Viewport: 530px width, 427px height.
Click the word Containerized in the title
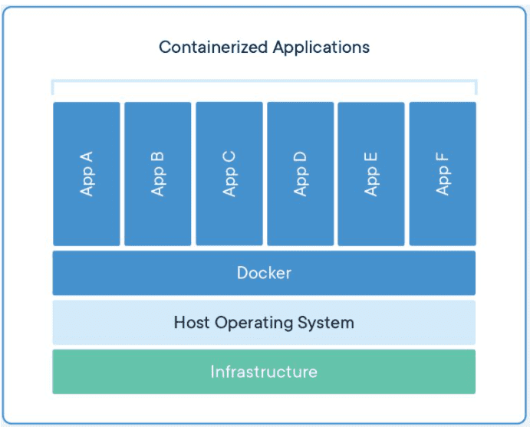[213, 47]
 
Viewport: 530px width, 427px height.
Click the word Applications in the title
[321, 48]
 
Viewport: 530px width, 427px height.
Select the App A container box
[87, 174]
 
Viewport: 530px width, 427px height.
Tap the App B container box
[158, 174]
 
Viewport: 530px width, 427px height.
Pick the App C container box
[229, 174]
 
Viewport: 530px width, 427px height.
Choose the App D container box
[301, 174]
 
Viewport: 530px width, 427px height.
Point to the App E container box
[371, 174]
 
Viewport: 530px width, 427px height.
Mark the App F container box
[443, 174]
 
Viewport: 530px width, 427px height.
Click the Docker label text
[264, 273]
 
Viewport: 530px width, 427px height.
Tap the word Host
[192, 322]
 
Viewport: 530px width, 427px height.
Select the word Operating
[254, 324]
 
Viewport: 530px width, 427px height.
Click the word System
[326, 323]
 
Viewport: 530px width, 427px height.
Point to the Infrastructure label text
[264, 372]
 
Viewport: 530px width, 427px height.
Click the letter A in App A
[87, 157]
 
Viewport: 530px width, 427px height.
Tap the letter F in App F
[443, 158]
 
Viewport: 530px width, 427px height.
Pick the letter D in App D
[300, 157]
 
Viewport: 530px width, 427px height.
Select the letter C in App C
[229, 157]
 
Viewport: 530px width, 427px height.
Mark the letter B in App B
[157, 158]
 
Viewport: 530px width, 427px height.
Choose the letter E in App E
[370, 158]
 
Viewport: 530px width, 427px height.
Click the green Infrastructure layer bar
[264, 372]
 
